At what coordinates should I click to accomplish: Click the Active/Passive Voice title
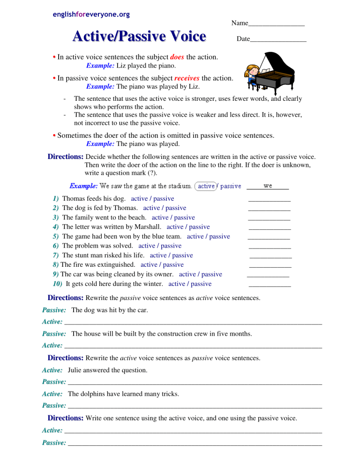coord(139,36)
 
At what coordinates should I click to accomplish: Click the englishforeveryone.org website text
coord(91,15)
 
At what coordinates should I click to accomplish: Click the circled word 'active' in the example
coord(206,186)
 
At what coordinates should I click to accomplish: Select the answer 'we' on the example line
coord(268,186)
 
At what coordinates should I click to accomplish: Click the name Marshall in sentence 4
coord(148,227)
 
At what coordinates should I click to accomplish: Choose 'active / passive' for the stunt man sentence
coord(171,256)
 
